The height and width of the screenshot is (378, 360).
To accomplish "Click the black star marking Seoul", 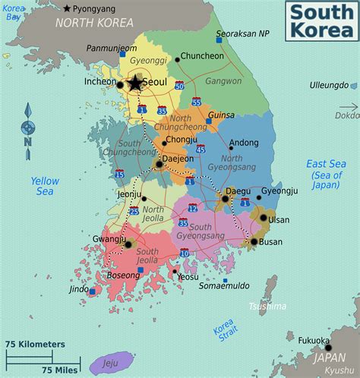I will [135, 83].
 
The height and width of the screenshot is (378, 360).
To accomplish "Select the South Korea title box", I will [320, 21].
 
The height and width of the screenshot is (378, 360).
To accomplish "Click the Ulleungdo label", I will [329, 86].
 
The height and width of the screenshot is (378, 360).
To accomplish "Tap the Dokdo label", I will [347, 115].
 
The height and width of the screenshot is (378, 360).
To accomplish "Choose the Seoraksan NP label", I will [242, 34].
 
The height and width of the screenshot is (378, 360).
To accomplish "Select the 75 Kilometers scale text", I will [34, 344].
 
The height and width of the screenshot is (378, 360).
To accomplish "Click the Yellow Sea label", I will [45, 187].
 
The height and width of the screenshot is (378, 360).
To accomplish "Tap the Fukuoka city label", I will [314, 341].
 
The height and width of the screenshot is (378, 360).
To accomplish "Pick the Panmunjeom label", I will [112, 48].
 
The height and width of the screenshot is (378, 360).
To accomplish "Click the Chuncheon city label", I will [202, 55].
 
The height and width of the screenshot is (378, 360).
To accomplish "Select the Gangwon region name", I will [224, 80].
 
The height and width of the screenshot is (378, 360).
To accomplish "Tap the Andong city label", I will [244, 143].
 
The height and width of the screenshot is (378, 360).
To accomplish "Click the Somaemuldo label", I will [225, 285].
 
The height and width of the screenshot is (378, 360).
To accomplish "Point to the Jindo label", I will [79, 289].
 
